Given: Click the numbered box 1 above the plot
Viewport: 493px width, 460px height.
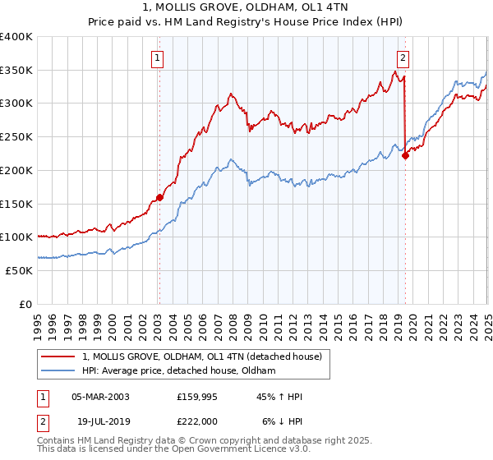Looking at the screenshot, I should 156,57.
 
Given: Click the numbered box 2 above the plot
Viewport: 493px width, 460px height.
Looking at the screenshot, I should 403,57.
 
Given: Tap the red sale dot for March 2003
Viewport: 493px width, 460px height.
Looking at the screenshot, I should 159,196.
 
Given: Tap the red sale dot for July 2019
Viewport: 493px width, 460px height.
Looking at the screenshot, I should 405,155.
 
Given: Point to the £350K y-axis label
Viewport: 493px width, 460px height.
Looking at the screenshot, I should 16,70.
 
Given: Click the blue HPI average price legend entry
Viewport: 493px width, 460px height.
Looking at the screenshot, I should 179,371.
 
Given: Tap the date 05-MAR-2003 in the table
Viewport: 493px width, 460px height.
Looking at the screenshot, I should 100,396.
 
